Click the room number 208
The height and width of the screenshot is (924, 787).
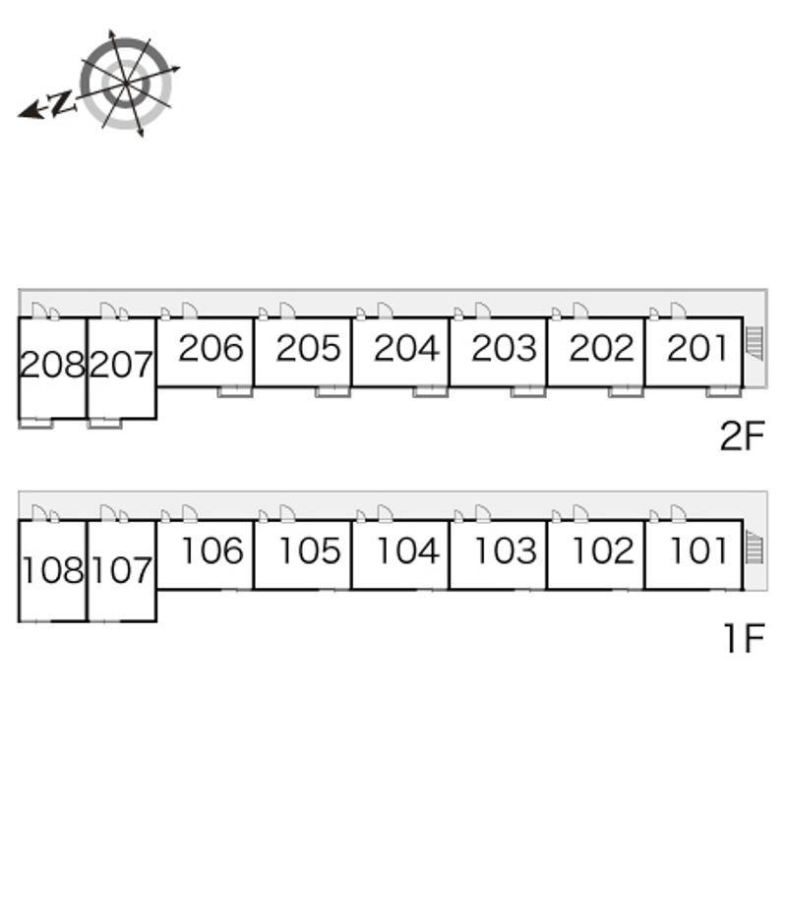tap(52, 365)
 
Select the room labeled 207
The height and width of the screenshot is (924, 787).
tap(122, 365)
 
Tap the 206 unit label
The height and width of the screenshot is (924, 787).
tap(212, 348)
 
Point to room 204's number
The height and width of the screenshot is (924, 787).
tap(406, 348)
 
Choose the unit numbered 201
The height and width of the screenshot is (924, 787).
tap(697, 348)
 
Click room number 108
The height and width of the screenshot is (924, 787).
tap(53, 570)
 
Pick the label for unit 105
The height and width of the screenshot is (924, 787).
tap(310, 551)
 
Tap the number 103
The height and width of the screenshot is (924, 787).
tap(506, 551)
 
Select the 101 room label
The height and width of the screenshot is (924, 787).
tap(698, 551)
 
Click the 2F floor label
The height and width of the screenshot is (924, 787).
tap(742, 435)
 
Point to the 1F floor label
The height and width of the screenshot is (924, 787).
tap(745, 638)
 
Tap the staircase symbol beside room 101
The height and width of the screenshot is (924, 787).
tap(755, 547)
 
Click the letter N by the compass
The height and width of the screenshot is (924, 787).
tap(61, 103)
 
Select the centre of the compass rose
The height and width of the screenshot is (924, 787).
tap(126, 85)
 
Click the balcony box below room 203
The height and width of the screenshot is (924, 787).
tap(528, 391)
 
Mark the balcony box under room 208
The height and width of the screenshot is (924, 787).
tap(36, 423)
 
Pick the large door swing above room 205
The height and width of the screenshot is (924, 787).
tap(287, 311)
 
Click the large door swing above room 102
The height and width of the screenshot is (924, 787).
tap(580, 513)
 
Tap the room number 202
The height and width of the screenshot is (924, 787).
tap(602, 348)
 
